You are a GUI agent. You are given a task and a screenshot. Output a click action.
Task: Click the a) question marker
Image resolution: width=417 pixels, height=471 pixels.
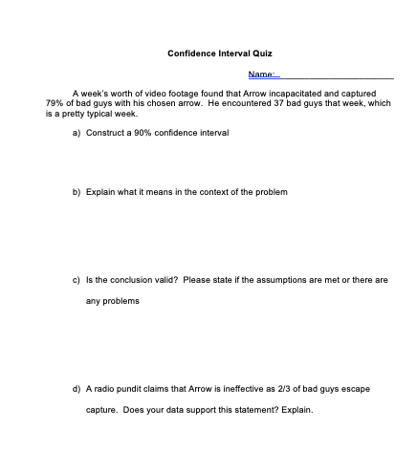[x=77, y=133]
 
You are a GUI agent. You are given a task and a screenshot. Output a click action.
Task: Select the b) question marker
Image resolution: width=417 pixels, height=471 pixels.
[x=77, y=192]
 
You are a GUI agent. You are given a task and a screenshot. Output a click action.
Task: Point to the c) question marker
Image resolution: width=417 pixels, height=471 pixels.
[x=77, y=280]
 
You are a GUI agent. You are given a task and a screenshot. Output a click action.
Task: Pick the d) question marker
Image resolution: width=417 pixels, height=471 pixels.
[x=77, y=390]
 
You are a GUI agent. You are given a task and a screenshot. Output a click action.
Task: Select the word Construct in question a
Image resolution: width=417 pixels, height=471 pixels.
[x=103, y=133]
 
